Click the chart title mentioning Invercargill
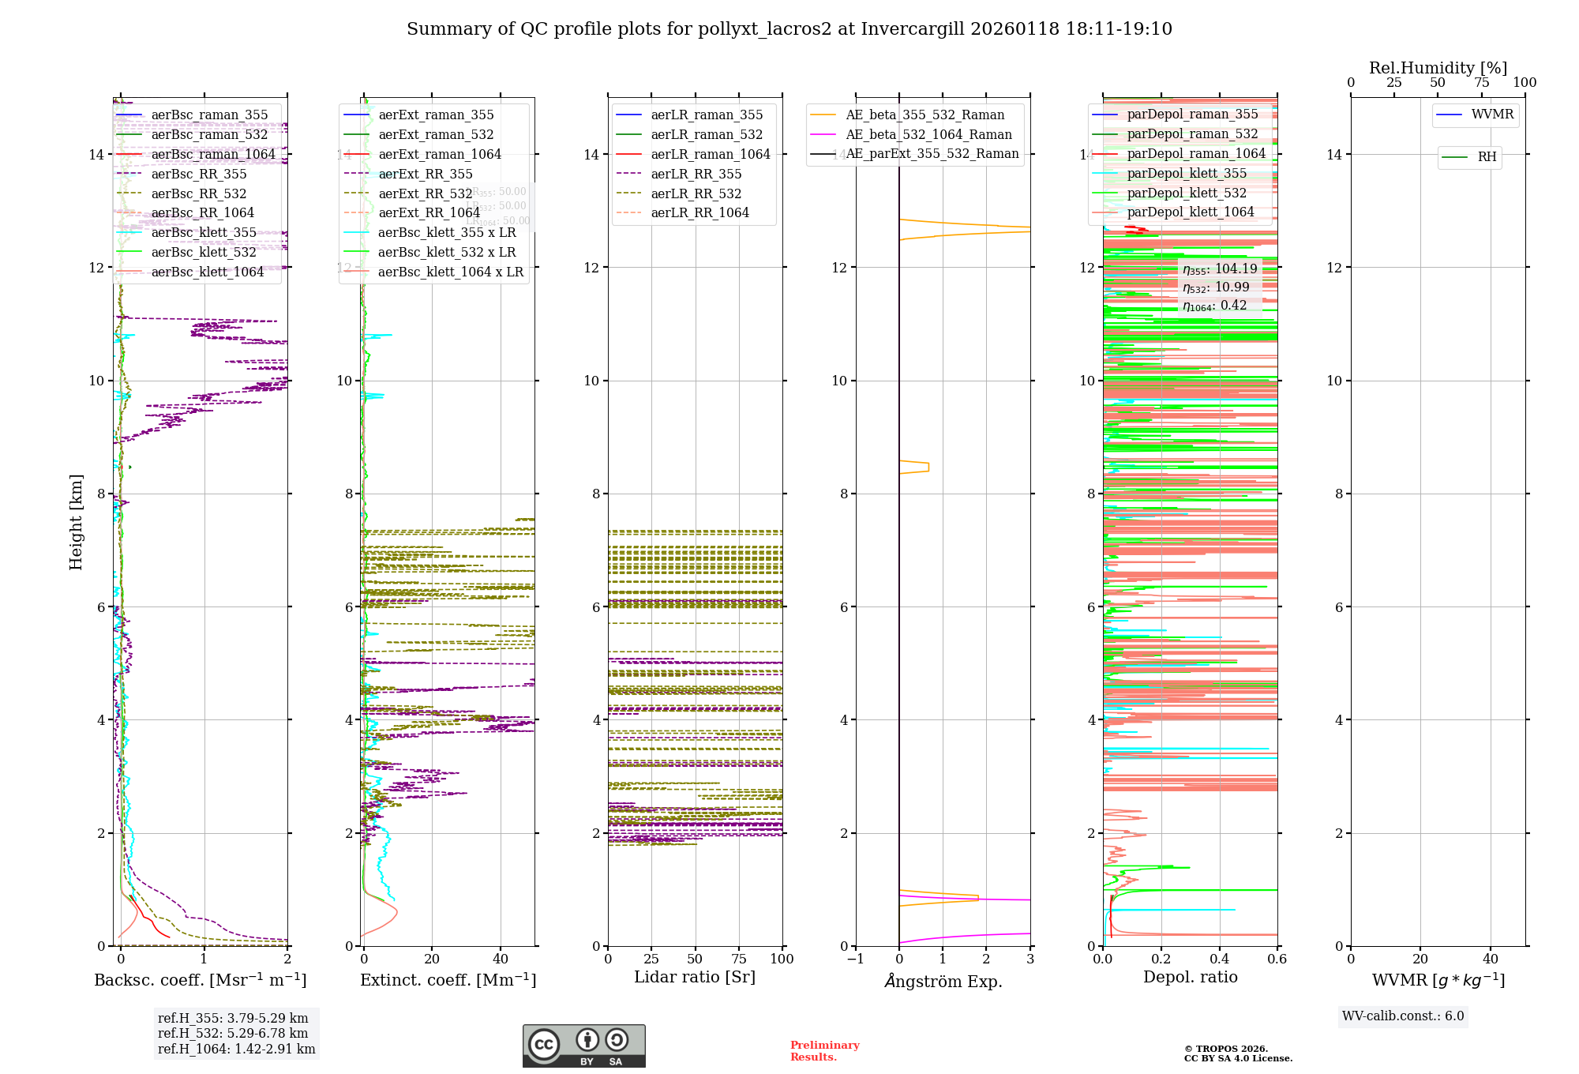[x=789, y=29]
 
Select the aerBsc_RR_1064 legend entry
[x=202, y=213]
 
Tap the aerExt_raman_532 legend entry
[x=436, y=135]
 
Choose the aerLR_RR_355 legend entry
[x=696, y=174]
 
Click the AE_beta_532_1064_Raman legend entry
[x=928, y=135]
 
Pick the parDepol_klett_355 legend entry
[x=1187, y=174]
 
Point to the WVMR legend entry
[x=1492, y=115]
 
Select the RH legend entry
[x=1487, y=157]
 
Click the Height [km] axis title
[x=76, y=521]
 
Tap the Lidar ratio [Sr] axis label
[x=695, y=977]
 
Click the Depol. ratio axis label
[x=1190, y=977]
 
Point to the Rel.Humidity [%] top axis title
[x=1438, y=68]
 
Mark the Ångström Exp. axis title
[x=943, y=981]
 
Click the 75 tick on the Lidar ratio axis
[x=739, y=959]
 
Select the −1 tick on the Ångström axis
[x=855, y=959]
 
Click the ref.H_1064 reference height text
[x=236, y=1050]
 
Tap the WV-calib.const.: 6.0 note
[x=1403, y=1016]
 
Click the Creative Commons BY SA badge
[x=583, y=1046]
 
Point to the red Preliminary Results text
[x=824, y=1051]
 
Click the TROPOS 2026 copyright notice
[x=1238, y=1053]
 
